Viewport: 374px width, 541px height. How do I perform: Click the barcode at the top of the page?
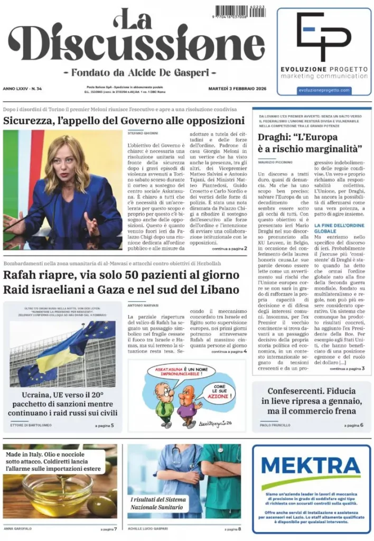(x=240, y=12)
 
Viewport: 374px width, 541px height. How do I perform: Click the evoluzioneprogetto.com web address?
(x=324, y=90)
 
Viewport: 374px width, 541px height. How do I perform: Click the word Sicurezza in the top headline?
(x=31, y=120)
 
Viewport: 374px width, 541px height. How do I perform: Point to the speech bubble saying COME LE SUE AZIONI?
(x=217, y=391)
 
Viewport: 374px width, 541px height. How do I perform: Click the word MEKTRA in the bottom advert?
(x=311, y=467)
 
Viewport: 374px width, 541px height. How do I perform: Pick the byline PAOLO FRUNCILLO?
(x=275, y=425)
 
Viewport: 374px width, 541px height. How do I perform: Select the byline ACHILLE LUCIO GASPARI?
(x=148, y=528)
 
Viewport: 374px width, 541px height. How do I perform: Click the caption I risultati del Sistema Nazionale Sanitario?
(x=158, y=503)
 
